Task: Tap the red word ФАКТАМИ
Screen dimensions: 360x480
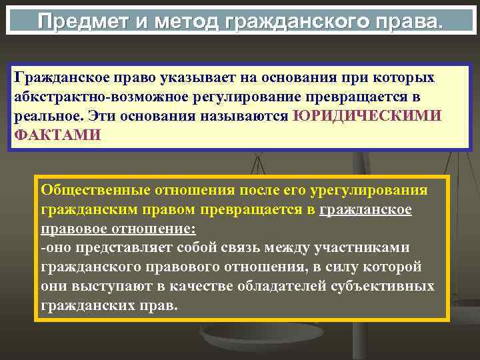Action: point(57,135)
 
